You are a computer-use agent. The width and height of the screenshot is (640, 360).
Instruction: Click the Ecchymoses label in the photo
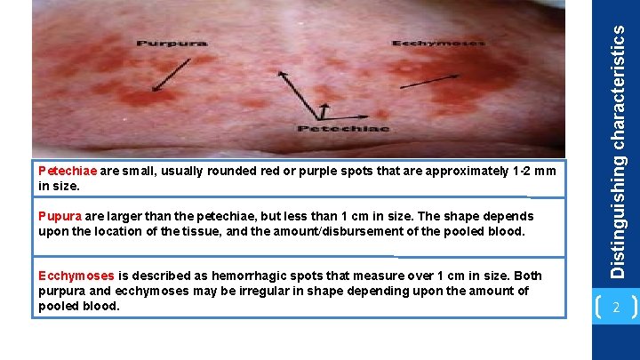click(438, 42)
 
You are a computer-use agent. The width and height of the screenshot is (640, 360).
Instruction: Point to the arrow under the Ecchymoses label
click(429, 80)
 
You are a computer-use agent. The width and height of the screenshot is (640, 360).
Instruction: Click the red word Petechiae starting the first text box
click(68, 171)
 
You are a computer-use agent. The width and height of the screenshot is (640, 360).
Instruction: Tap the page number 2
click(615, 308)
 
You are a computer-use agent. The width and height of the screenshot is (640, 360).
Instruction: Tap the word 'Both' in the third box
click(528, 276)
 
